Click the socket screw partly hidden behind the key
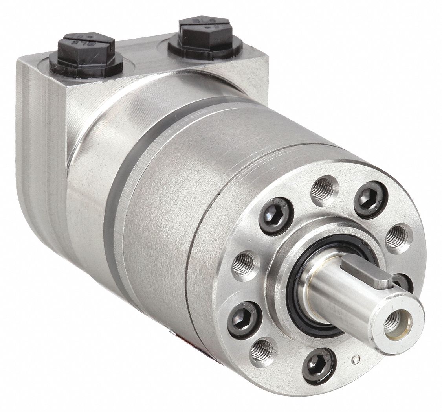[403, 282]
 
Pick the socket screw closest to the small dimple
[319, 366]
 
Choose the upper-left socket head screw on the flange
[276, 216]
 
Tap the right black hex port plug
[205, 37]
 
